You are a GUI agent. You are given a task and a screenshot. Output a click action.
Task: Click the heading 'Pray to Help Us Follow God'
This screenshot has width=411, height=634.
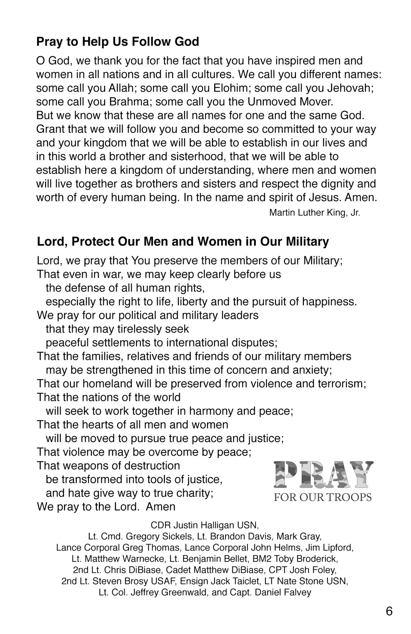[118, 42]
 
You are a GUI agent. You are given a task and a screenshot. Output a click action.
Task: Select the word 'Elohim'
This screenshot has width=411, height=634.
[232, 88]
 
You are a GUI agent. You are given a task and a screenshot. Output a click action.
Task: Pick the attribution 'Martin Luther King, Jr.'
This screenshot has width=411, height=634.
[314, 213]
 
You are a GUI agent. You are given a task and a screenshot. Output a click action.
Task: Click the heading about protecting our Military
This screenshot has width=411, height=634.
[183, 241]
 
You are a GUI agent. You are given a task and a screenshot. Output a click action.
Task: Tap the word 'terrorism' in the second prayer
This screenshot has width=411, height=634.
[339, 383]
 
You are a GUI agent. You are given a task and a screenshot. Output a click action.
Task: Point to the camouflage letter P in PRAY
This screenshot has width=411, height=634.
[286, 474]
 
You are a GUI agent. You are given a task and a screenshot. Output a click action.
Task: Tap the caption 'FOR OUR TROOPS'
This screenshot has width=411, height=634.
[323, 497]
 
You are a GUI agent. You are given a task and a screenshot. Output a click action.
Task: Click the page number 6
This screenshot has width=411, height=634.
[389, 611]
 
